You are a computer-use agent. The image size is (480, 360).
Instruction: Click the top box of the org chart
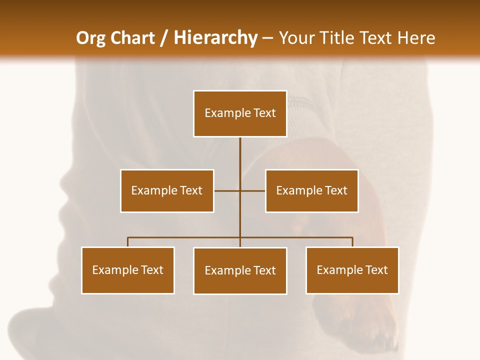pos(240,113)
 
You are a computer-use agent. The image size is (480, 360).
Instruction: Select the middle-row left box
pos(167,190)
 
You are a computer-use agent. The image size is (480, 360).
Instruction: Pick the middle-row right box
pos(311,190)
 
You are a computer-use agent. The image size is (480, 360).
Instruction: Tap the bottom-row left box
pos(128,270)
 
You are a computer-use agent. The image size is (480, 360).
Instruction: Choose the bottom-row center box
pos(240,270)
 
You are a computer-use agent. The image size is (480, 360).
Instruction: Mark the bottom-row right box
pos(352,270)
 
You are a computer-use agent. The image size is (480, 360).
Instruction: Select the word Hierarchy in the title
pos(215,38)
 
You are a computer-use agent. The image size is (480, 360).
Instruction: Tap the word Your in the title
pos(297,38)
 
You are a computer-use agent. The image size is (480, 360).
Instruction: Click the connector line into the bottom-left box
pos(128,242)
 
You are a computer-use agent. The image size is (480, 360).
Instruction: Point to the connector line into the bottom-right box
pos(352,242)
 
